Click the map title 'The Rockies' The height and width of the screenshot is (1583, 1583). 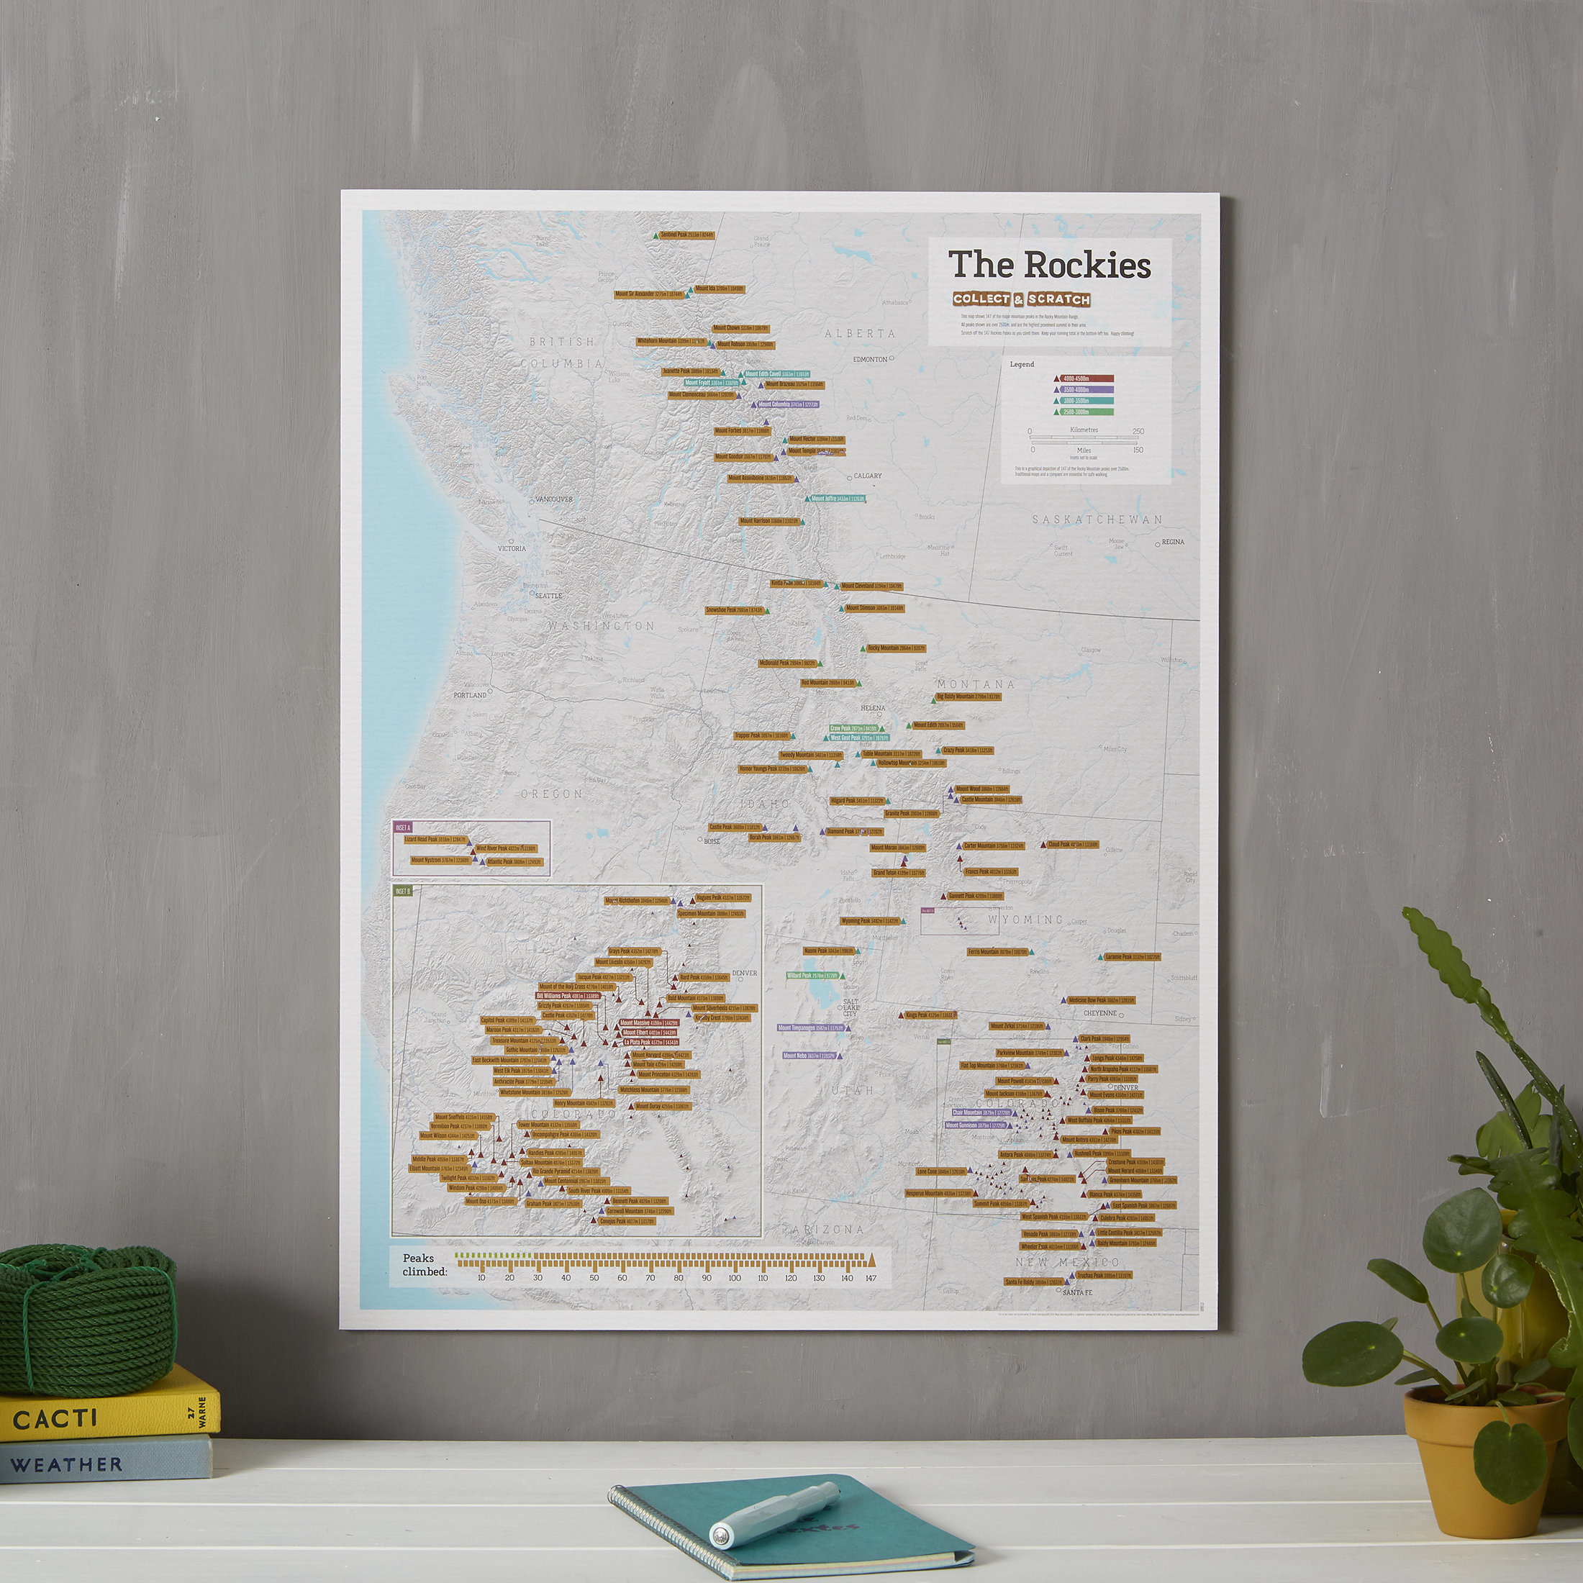[1049, 265]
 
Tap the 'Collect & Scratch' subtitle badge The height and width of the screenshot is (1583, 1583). [1021, 299]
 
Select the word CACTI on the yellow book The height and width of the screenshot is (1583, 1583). [55, 1418]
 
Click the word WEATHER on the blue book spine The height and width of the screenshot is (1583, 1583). [66, 1464]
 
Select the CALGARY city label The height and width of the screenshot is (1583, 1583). [868, 475]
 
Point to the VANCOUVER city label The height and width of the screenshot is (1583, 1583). [554, 499]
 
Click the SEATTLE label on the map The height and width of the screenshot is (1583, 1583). [548, 596]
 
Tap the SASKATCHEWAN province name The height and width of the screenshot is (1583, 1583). [1097, 520]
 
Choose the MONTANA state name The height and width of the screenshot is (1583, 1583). [976, 684]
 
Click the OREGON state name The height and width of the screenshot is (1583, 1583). [551, 794]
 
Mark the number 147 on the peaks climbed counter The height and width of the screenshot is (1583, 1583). [870, 1278]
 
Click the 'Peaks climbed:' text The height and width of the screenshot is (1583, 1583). [424, 1265]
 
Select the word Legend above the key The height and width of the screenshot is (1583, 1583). [1022, 364]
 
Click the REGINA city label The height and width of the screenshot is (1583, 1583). [1173, 542]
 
